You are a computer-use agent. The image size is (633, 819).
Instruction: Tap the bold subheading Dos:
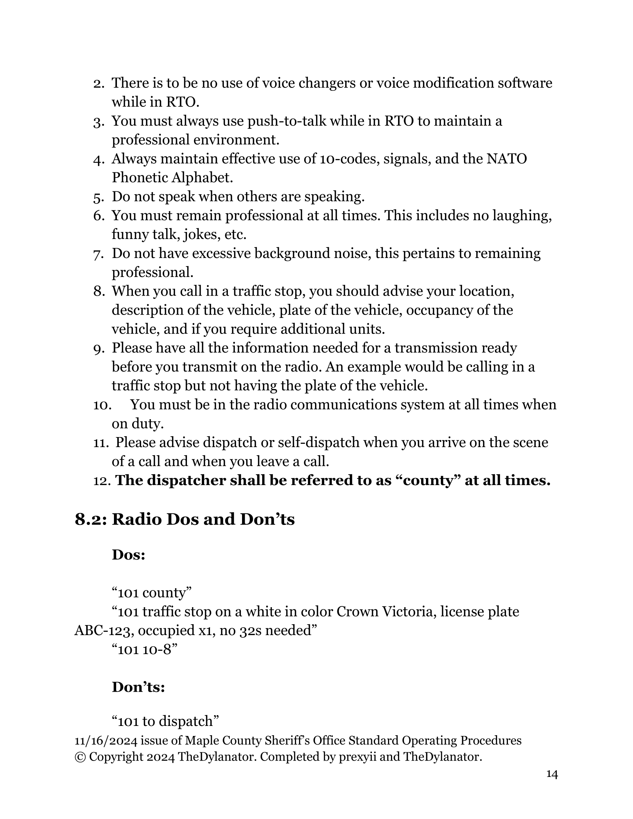click(x=128, y=555)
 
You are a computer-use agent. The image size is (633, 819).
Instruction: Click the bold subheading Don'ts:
click(x=139, y=687)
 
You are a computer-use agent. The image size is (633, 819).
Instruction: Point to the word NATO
click(x=507, y=159)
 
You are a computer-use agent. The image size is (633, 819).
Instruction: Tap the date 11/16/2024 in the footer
click(x=106, y=740)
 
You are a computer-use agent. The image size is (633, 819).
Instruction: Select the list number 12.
click(x=102, y=481)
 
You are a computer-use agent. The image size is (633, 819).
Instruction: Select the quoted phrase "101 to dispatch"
click(x=165, y=721)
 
